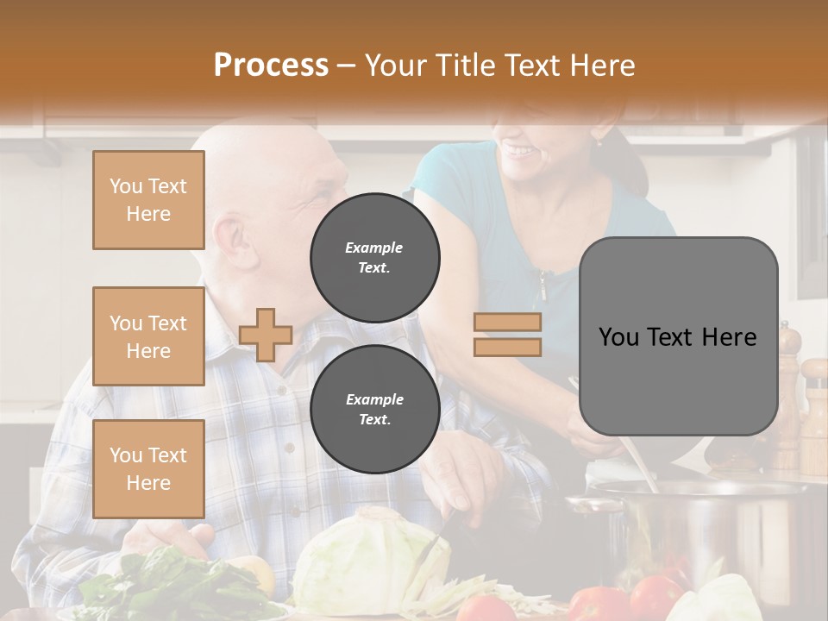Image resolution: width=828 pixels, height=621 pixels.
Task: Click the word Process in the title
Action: [x=271, y=66]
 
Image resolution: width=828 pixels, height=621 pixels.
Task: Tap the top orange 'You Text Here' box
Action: [x=148, y=200]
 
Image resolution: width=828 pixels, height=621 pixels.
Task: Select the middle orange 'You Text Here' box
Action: [x=148, y=336]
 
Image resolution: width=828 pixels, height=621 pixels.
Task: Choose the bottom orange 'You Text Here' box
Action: [x=148, y=469]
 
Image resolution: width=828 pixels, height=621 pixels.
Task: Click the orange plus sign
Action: [x=266, y=335]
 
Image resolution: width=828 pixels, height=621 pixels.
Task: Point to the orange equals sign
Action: [x=507, y=335]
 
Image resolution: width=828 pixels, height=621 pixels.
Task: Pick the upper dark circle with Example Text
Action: [x=375, y=257]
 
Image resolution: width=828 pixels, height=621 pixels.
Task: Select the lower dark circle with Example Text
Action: [x=375, y=409]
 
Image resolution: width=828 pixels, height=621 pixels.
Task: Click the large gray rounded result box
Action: [x=678, y=336]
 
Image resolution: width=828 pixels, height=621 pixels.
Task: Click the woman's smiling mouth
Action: [x=520, y=152]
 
